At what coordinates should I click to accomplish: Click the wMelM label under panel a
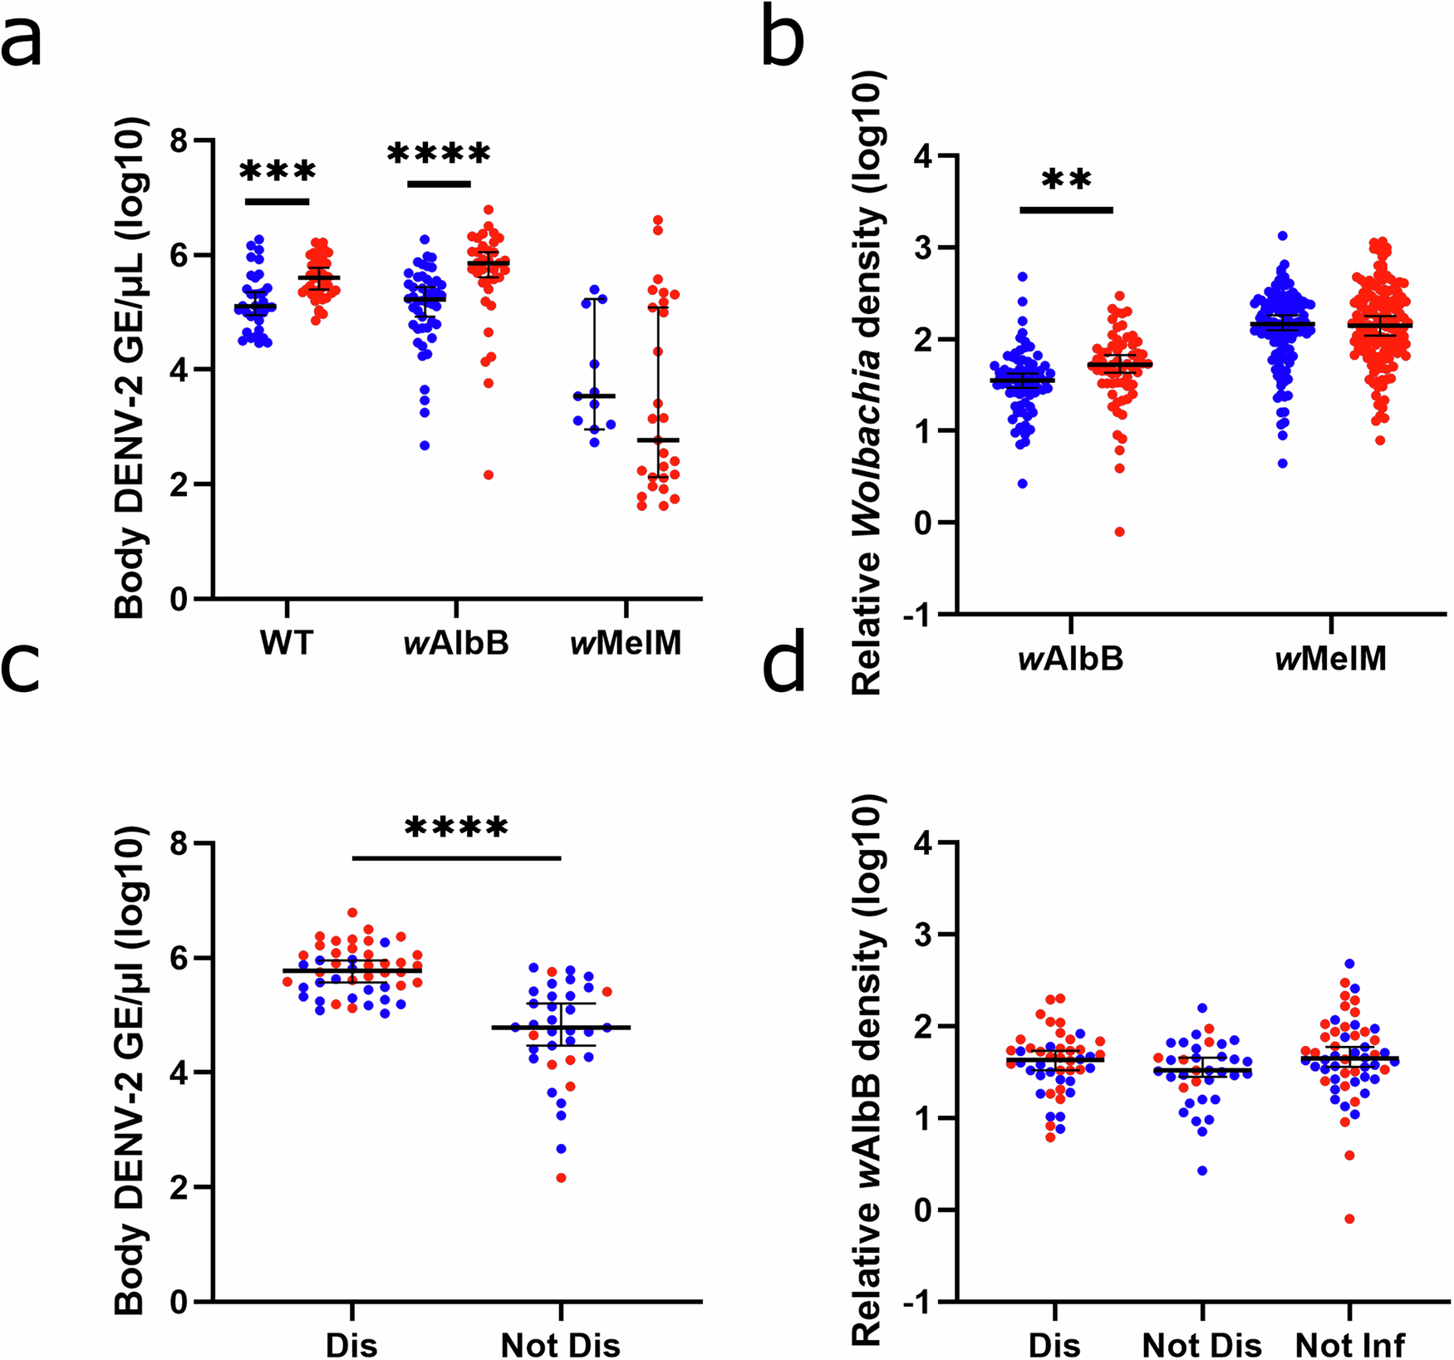pos(626,643)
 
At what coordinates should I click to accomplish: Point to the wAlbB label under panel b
pos(1071,659)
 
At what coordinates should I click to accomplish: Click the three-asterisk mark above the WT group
pos(278,172)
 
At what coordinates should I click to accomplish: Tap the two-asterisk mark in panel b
pos(1066,180)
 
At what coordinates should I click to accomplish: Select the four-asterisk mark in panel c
pos(456,828)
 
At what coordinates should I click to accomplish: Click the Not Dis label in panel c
pos(560,1345)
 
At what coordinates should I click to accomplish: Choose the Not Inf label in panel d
pos(1350,1345)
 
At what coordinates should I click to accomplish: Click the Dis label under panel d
pos(1054,1345)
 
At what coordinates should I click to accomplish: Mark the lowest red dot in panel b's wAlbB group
pos(1119,532)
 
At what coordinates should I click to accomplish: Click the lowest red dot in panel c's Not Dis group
pos(562,1178)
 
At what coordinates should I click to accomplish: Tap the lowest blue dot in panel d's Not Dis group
pos(1201,1171)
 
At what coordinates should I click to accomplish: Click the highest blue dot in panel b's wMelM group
pos(1283,236)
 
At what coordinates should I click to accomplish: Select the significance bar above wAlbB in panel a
pos(439,184)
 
